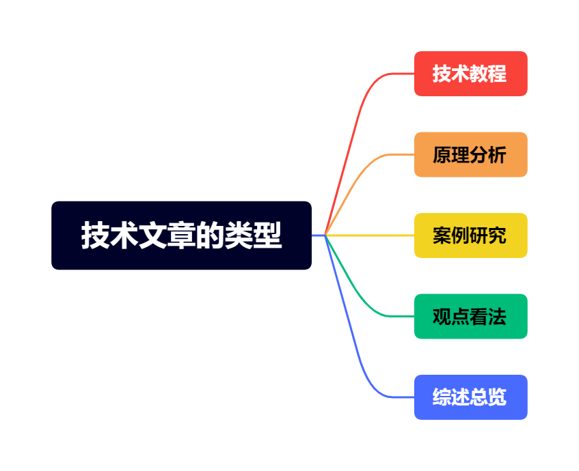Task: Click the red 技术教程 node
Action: pyautogui.click(x=470, y=74)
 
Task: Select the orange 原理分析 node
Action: pyautogui.click(x=470, y=154)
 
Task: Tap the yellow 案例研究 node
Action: pyautogui.click(x=470, y=235)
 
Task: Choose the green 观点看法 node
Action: pyautogui.click(x=470, y=316)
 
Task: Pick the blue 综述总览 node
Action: pyautogui.click(x=470, y=397)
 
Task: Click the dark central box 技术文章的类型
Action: pyautogui.click(x=181, y=235)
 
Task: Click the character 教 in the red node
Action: pyautogui.click(x=479, y=74)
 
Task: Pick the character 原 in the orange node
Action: pyautogui.click(x=442, y=155)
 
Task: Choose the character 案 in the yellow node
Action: pyautogui.click(x=442, y=235)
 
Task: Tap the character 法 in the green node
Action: pyautogui.click(x=498, y=317)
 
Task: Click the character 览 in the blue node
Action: pyautogui.click(x=498, y=397)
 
